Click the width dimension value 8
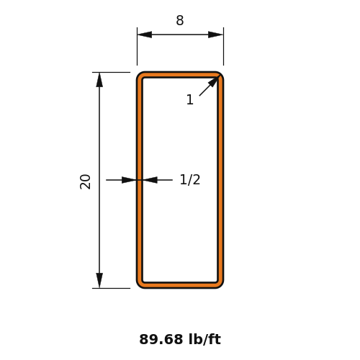(x=180, y=20)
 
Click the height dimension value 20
(x=85, y=181)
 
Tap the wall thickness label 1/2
(x=190, y=180)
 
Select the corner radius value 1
(x=190, y=99)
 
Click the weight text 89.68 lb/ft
(x=180, y=339)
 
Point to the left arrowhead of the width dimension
(x=145, y=35)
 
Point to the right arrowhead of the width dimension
(x=215, y=35)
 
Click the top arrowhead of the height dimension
(x=99, y=80)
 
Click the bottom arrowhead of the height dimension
(x=99, y=280)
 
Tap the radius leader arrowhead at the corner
(x=214, y=81)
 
